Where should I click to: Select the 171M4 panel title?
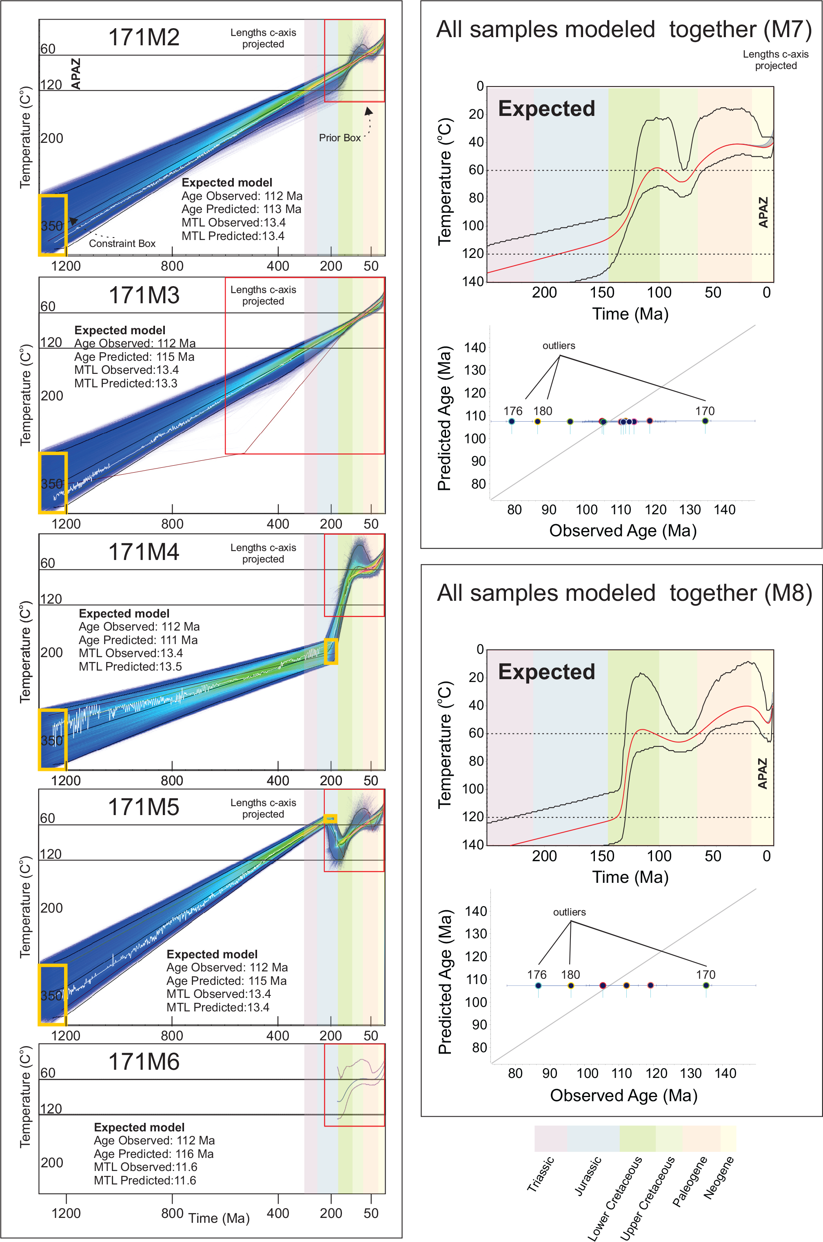144,552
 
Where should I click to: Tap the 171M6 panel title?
144,1062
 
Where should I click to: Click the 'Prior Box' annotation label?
339,138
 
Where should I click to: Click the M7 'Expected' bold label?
546,109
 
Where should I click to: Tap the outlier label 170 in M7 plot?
705,411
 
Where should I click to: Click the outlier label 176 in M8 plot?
537,975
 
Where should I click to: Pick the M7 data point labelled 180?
537,422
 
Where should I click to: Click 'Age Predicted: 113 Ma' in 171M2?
242,209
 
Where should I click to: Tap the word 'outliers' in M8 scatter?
570,912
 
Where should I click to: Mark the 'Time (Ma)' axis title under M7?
630,314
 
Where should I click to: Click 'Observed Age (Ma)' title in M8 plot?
623,1095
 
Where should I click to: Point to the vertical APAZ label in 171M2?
76,73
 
